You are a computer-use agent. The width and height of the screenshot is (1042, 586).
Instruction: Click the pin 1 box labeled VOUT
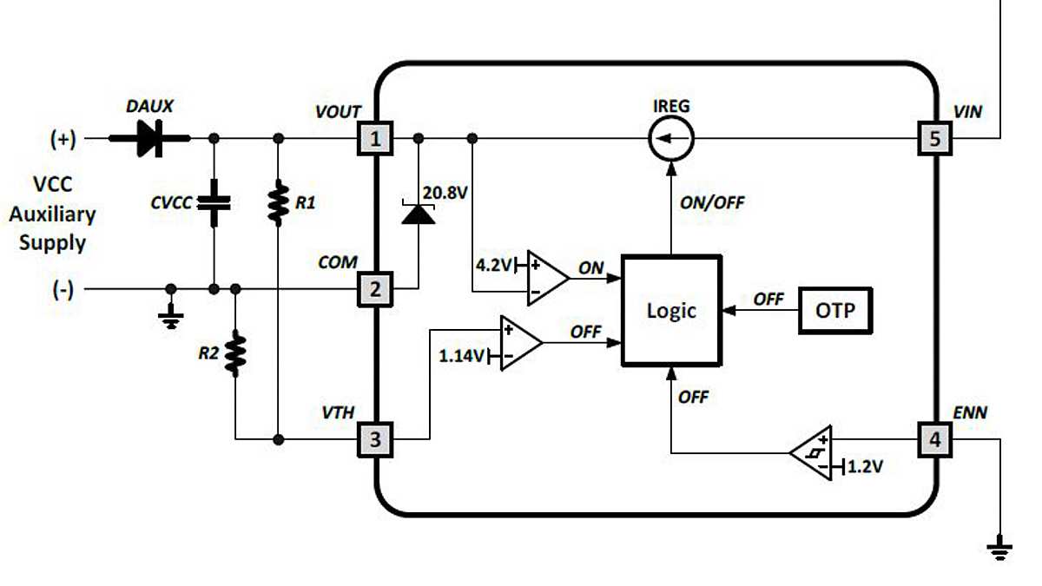pyautogui.click(x=375, y=139)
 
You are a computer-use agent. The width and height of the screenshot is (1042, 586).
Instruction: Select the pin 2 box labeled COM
pyautogui.click(x=375, y=289)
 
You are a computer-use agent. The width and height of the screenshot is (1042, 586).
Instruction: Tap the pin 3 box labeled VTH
pyautogui.click(x=375, y=440)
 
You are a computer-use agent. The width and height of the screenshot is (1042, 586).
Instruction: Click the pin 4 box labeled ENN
pyautogui.click(x=934, y=440)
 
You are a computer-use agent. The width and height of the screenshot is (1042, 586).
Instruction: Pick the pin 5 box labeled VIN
pyautogui.click(x=934, y=139)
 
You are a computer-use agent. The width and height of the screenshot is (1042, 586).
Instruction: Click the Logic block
pyautogui.click(x=670, y=310)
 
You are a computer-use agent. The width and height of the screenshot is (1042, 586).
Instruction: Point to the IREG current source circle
pyautogui.click(x=670, y=139)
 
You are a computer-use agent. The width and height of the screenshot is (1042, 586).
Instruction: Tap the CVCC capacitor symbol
pyautogui.click(x=214, y=203)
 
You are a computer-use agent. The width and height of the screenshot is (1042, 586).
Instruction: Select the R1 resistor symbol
pyautogui.click(x=278, y=203)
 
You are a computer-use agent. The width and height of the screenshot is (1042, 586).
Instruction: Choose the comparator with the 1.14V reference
pyautogui.click(x=520, y=342)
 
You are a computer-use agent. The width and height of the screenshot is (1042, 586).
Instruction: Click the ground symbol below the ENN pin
pyautogui.click(x=1000, y=548)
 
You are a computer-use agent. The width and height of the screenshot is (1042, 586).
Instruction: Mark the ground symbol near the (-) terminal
pyautogui.click(x=171, y=319)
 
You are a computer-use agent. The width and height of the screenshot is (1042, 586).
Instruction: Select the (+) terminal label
pyautogui.click(x=63, y=139)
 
